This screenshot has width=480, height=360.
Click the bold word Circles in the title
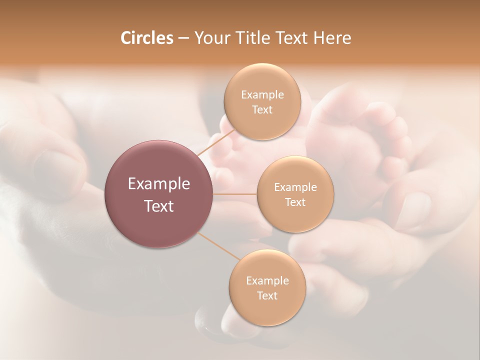(146, 38)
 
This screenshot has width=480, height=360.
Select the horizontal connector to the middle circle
(235, 194)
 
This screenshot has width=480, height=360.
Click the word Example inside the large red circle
(159, 184)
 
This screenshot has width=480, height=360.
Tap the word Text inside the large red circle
(159, 206)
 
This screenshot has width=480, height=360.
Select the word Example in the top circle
(262, 95)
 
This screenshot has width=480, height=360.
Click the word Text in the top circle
(262, 110)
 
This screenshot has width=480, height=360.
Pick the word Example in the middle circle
(295, 187)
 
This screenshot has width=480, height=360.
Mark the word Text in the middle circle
(295, 202)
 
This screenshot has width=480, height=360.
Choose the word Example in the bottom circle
(267, 281)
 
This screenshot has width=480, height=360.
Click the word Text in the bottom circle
(267, 296)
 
